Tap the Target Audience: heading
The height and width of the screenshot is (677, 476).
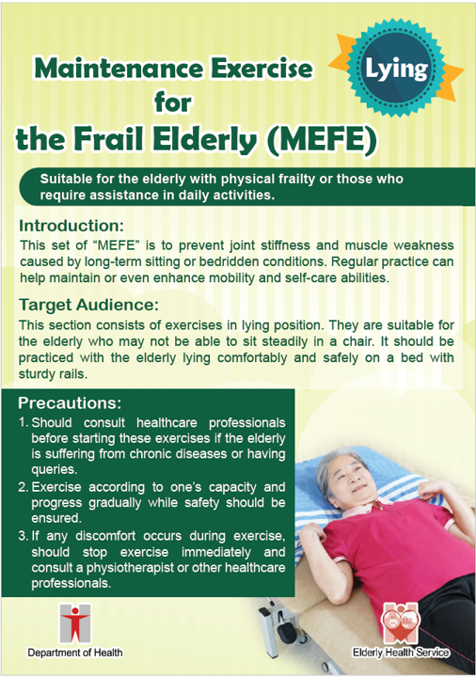click(89, 305)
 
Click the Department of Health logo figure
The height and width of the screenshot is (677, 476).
click(72, 623)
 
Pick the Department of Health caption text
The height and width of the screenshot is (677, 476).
click(74, 653)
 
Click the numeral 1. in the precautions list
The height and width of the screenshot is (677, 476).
click(24, 423)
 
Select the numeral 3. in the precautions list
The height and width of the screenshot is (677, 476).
click(24, 536)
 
